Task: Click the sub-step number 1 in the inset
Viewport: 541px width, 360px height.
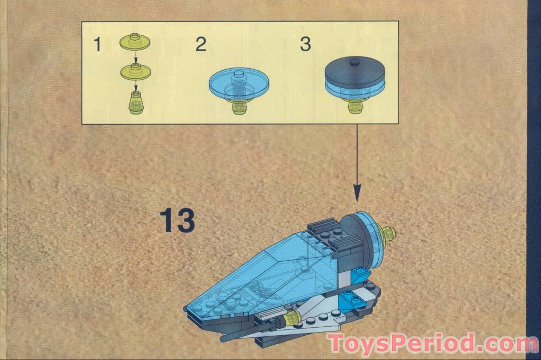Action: point(97,45)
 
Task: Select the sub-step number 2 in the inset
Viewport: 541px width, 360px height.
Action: point(201,45)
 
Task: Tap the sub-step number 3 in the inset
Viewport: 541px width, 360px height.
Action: point(305,45)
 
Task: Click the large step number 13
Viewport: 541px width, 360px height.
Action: point(178,221)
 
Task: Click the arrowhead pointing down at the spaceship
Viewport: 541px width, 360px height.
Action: point(357,193)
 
